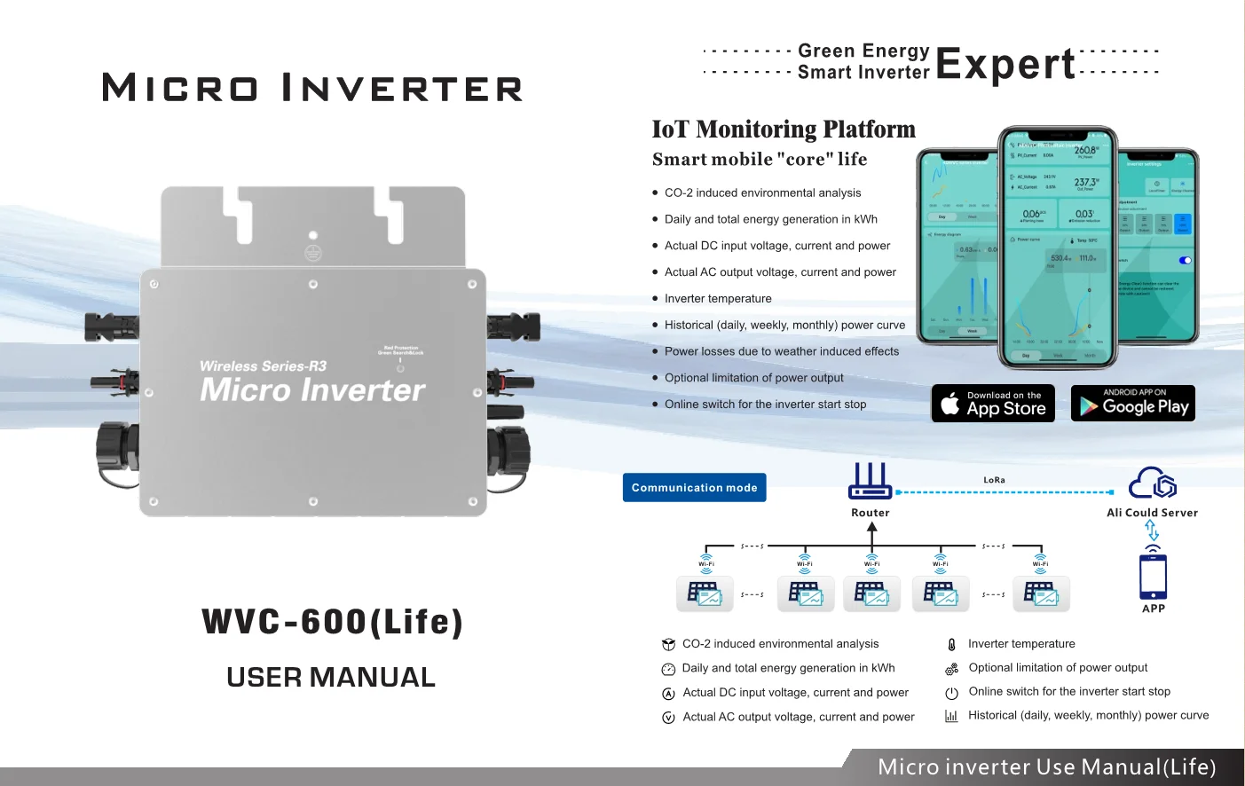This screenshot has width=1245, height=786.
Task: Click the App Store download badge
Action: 993,404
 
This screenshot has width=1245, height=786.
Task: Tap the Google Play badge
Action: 1133,404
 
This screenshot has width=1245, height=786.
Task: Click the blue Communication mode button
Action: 694,488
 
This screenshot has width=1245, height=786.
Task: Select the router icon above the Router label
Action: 870,481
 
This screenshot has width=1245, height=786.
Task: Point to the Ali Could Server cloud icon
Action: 1152,483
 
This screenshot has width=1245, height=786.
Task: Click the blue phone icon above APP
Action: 1153,576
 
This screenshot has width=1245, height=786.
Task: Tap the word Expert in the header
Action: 1005,64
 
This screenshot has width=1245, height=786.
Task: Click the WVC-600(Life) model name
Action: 332,622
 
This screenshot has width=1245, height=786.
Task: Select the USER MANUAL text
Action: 331,678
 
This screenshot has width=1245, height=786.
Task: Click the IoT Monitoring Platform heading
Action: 784,130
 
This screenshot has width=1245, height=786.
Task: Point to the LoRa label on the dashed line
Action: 994,480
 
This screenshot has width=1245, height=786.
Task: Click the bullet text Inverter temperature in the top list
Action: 718,299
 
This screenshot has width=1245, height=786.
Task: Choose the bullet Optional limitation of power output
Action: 753,378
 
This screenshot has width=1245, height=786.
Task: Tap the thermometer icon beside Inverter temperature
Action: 951,645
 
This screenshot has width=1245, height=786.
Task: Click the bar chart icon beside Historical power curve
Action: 951,716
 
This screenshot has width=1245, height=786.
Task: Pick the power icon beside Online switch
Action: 951,693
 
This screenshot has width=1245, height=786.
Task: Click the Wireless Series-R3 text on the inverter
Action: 263,366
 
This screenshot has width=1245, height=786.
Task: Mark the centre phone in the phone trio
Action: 1057,248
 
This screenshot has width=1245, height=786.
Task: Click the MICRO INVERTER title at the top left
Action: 312,89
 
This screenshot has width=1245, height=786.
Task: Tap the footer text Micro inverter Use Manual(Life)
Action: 1046,767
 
